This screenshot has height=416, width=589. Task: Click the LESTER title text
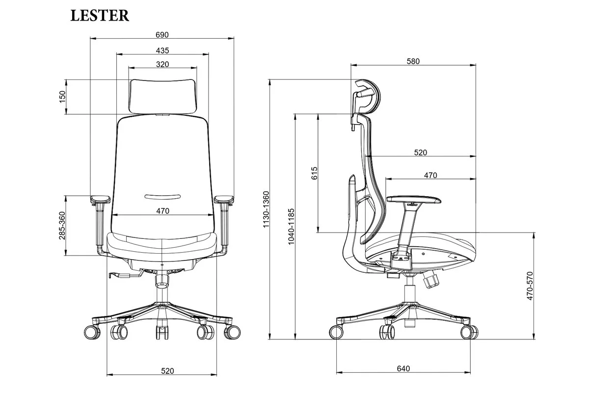(x=100, y=16)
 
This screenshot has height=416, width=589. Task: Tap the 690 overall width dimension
(x=162, y=35)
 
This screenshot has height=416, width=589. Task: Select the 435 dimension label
(x=162, y=51)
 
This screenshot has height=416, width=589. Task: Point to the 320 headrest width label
(x=162, y=64)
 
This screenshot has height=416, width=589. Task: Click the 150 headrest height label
(x=62, y=97)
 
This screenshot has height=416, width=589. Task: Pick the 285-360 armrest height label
(x=62, y=226)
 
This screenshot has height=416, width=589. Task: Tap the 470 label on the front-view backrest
(x=163, y=211)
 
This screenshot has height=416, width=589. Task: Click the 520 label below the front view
(x=167, y=371)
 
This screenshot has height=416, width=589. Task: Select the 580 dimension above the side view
(x=413, y=61)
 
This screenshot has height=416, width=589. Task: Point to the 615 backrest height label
(x=315, y=173)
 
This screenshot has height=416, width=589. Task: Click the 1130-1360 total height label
(x=266, y=209)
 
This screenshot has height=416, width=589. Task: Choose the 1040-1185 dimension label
(x=291, y=227)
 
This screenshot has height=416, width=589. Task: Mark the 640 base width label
(x=403, y=368)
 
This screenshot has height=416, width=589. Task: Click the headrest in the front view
(x=163, y=96)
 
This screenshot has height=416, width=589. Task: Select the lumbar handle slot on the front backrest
(x=162, y=197)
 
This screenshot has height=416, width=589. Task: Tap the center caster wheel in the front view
(x=162, y=333)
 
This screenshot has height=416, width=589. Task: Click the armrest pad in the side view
(x=414, y=200)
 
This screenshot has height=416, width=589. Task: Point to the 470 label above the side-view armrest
(x=430, y=175)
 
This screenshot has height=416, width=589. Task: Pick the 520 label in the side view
(x=421, y=153)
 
